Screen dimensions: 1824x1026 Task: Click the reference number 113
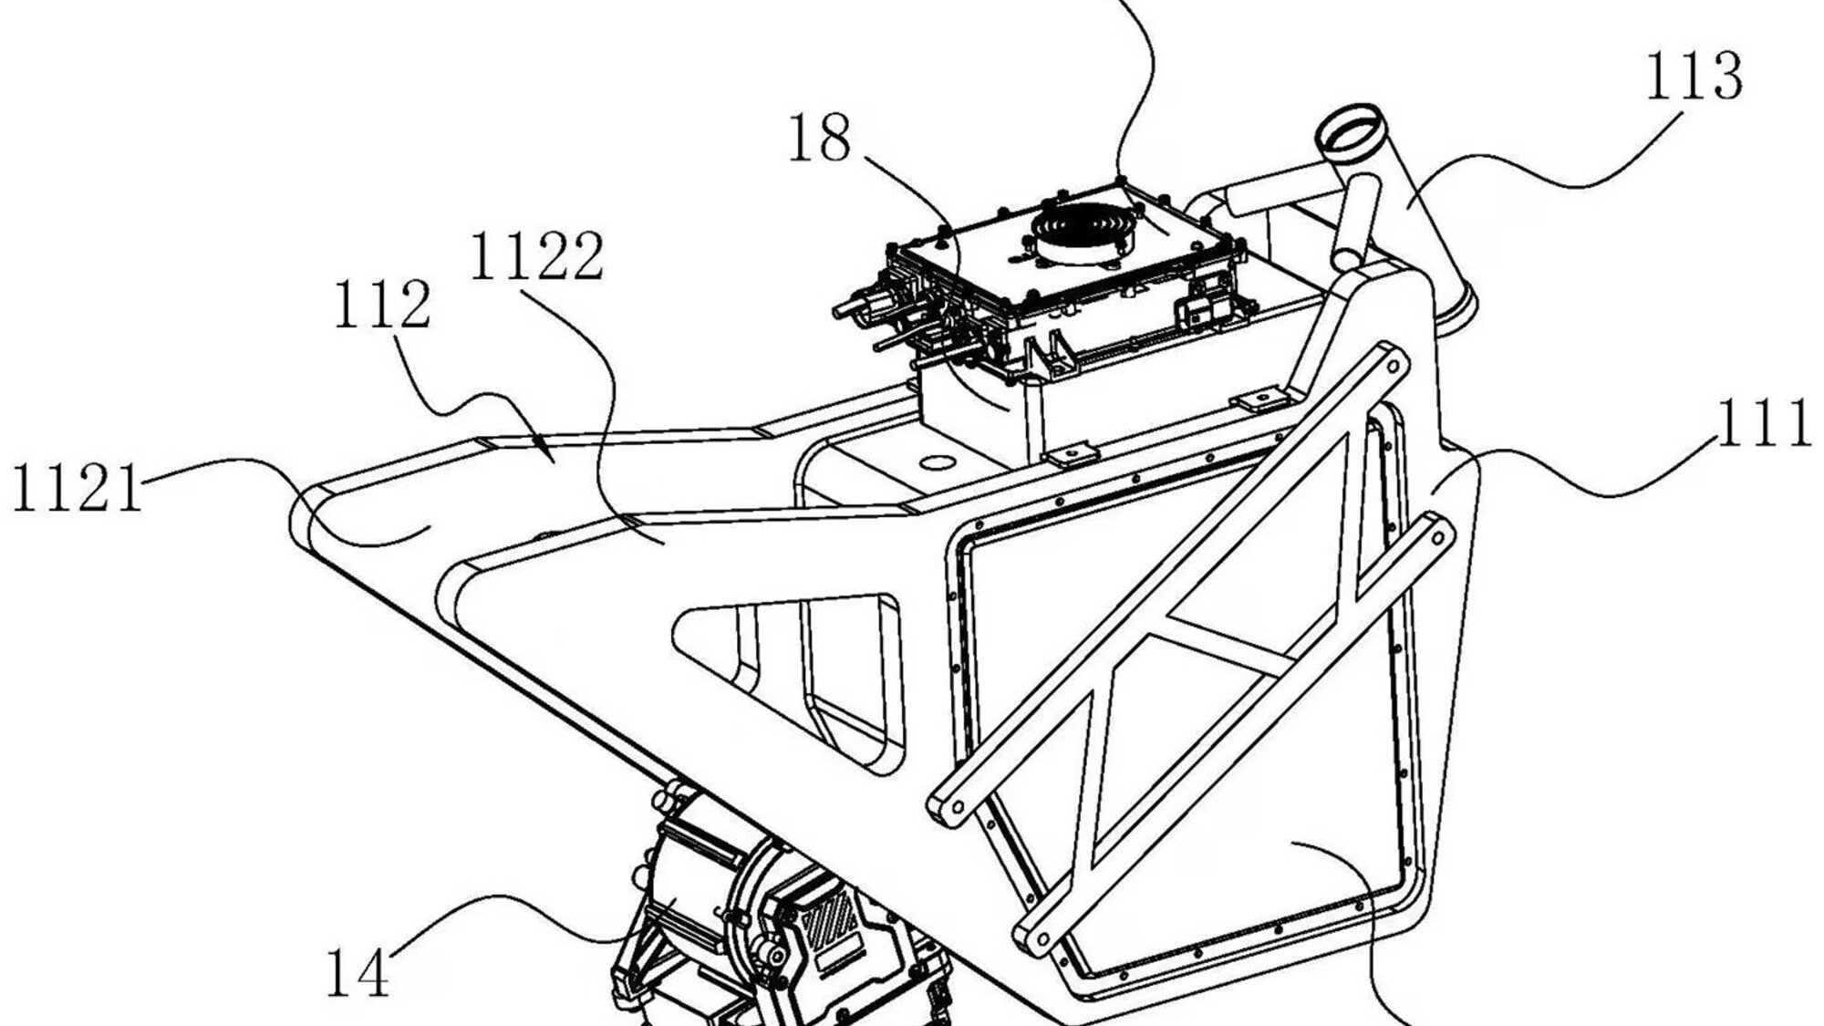pyautogui.click(x=1694, y=77)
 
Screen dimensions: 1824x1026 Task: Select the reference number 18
pyautogui.click(x=819, y=139)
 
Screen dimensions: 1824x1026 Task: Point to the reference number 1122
pyautogui.click(x=536, y=256)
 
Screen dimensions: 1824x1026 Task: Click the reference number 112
pyautogui.click(x=381, y=306)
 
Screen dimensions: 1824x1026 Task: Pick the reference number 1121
pyautogui.click(x=78, y=489)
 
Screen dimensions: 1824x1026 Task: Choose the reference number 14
pyautogui.click(x=358, y=973)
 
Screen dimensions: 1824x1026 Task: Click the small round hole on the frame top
pyautogui.click(x=935, y=463)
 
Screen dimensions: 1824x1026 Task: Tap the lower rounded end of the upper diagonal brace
pyautogui.click(x=948, y=806)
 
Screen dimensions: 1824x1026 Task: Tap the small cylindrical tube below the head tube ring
pyautogui.click(x=1348, y=219)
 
